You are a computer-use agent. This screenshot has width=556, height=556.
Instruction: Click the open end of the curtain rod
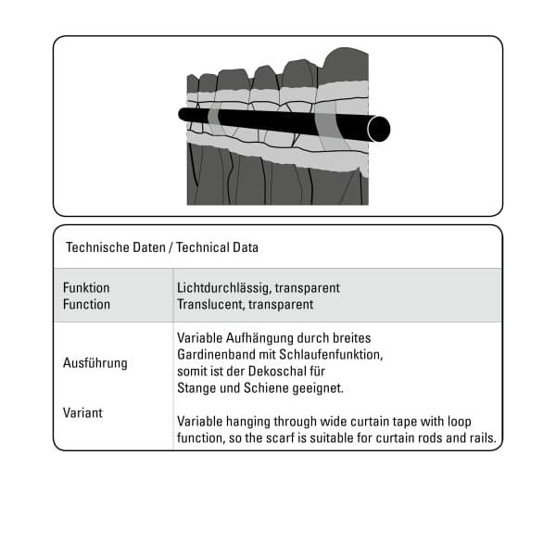click(x=378, y=129)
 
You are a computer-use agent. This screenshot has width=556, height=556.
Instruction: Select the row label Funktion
click(x=86, y=288)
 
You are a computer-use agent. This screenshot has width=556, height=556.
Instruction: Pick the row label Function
click(x=86, y=304)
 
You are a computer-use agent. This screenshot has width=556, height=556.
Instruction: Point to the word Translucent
click(x=207, y=304)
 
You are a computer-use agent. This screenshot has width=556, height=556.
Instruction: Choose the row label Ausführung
click(x=95, y=362)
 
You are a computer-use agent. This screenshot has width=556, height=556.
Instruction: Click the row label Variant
click(x=83, y=412)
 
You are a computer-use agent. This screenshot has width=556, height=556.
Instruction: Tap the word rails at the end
click(x=481, y=437)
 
